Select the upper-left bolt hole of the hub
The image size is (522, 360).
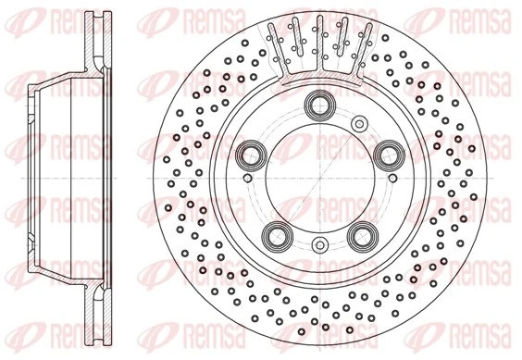(249, 153)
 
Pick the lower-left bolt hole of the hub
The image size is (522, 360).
(275, 233)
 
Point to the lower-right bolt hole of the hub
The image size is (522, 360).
(362, 233)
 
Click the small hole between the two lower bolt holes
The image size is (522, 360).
(319, 244)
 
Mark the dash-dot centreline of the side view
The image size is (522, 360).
(65, 180)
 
